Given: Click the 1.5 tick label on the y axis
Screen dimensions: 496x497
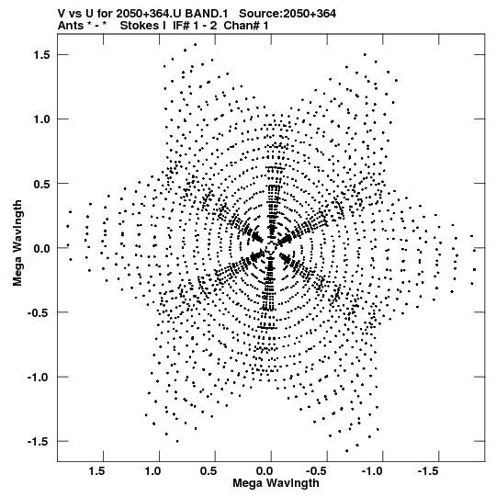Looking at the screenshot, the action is click(x=42, y=55).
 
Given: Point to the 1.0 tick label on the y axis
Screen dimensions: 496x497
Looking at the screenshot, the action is click(x=42, y=119).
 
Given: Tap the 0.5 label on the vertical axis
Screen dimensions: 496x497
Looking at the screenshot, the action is click(x=42, y=184).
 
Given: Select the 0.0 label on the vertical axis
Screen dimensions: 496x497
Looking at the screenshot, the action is click(x=42, y=248).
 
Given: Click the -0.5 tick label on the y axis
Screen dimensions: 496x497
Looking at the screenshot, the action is click(x=39, y=312).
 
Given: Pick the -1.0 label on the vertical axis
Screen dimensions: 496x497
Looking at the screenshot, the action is click(x=39, y=378).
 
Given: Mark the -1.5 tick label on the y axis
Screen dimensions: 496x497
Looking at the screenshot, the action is click(x=39, y=442).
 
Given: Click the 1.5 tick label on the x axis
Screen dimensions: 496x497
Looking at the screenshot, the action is click(x=97, y=471).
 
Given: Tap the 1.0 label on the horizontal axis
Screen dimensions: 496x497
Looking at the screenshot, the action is click(x=153, y=471).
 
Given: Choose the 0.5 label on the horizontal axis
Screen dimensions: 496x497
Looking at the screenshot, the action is click(x=209, y=471).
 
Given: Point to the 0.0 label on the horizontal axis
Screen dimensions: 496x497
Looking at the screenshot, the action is click(x=265, y=471).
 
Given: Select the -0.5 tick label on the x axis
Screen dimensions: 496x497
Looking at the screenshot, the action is click(x=318, y=471).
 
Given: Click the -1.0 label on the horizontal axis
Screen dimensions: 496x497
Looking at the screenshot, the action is click(x=374, y=471).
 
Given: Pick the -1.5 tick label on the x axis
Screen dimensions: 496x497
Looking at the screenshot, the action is click(x=430, y=471).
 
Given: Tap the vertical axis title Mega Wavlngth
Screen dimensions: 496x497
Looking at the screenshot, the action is click(x=17, y=243).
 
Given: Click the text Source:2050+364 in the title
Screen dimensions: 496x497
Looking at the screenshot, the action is click(x=287, y=14).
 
